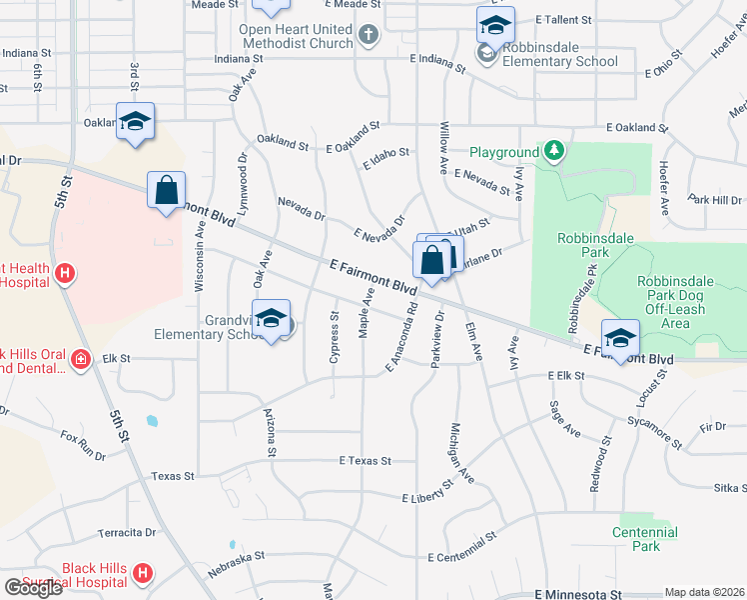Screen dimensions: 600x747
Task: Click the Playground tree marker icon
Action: click(554, 152)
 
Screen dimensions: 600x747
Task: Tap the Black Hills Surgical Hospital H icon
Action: click(143, 574)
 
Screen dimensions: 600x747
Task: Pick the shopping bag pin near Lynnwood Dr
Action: click(166, 190)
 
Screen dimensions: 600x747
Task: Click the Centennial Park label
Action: click(645, 540)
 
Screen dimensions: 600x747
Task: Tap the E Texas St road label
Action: click(365, 461)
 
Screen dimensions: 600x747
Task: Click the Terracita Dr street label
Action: click(128, 533)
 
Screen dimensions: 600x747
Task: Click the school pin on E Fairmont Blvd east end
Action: click(620, 339)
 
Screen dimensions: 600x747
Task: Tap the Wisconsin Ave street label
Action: click(200, 256)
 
